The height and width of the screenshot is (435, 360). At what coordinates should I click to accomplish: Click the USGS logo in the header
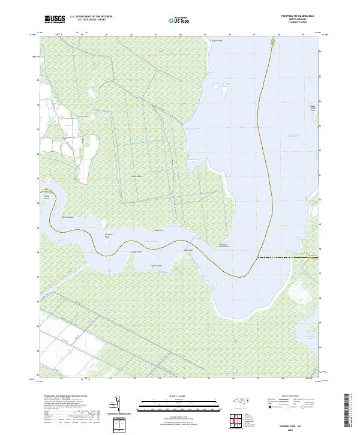[55, 19]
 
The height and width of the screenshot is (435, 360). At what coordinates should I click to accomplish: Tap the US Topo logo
[179, 20]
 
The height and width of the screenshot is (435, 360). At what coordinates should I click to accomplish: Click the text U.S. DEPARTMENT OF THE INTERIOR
[91, 17]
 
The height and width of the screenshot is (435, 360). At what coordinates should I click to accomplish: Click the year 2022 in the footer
[292, 430]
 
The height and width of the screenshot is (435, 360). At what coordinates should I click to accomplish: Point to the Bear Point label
[159, 230]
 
